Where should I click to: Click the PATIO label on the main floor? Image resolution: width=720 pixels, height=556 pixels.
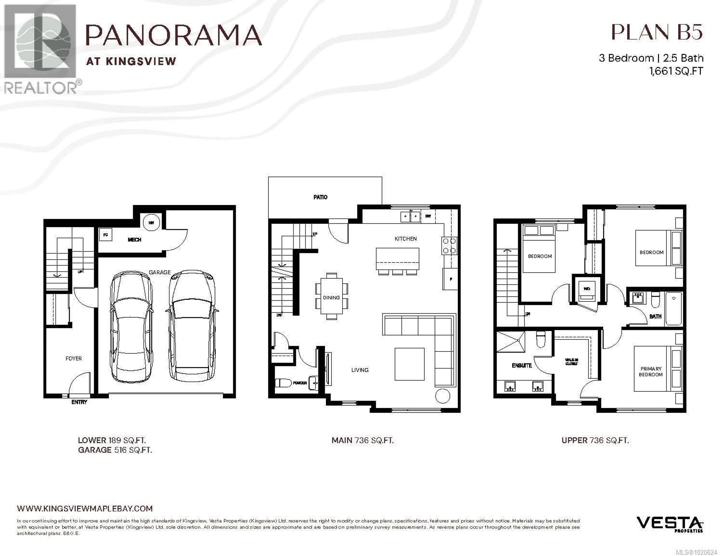coord(320,197)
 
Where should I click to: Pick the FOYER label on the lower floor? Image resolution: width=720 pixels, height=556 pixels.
coord(73,358)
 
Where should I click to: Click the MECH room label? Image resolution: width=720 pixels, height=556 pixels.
coord(134,240)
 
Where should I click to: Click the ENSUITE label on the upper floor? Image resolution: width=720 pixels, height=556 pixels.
coord(522,365)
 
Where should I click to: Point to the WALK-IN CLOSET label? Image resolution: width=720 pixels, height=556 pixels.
coord(571,362)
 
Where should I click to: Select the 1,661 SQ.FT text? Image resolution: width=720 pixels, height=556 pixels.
coord(676,71)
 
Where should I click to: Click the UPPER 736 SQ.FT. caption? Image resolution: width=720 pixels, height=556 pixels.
coord(595,440)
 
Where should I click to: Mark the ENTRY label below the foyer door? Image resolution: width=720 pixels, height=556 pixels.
coord(79,402)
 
